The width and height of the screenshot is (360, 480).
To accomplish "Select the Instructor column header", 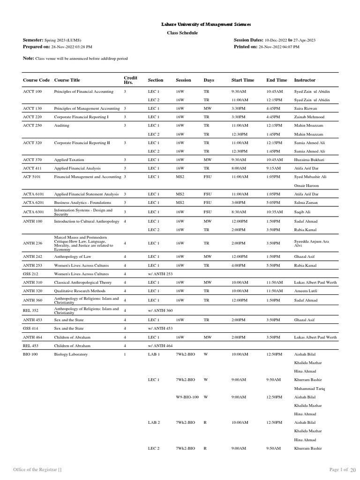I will (x=305, y=80).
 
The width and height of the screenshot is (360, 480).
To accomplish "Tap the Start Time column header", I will (x=243, y=80).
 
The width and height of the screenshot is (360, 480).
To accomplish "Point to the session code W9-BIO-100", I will (x=187, y=397).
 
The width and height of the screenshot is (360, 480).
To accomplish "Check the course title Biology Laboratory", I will (x=71, y=354).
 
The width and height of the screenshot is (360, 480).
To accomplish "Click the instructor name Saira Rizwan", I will (x=307, y=108).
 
